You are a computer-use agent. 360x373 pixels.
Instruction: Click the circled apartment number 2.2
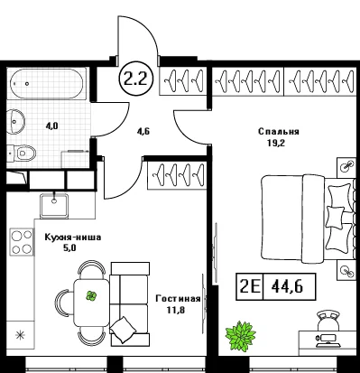tap(136, 79)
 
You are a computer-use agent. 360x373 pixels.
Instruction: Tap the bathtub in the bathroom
tap(47, 83)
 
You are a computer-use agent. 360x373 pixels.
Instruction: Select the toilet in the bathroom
tap(22, 154)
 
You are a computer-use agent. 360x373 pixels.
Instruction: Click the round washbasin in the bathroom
tap(15, 121)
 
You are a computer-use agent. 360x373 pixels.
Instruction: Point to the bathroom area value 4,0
tap(51, 126)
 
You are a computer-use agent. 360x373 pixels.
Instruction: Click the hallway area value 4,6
tap(143, 131)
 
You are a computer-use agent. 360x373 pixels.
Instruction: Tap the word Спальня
tap(279, 132)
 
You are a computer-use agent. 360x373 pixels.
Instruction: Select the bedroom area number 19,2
tap(276, 143)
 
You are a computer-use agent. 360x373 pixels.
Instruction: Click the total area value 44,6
tap(287, 286)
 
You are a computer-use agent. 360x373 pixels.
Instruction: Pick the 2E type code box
tap(250, 286)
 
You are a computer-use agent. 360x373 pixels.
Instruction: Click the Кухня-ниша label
tap(73, 238)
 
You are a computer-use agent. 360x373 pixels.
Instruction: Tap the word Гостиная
tap(178, 299)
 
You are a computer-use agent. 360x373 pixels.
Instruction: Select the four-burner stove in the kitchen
tap(22, 242)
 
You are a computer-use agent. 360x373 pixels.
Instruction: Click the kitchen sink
tap(54, 205)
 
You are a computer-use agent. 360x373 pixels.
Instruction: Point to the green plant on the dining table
tap(91, 296)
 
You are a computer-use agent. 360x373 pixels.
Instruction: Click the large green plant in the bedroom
tap(241, 336)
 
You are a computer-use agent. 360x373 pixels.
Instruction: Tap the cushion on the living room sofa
tap(123, 330)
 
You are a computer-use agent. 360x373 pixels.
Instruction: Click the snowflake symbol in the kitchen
tap(20, 335)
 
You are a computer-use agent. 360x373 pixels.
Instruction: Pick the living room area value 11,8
tap(176, 310)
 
